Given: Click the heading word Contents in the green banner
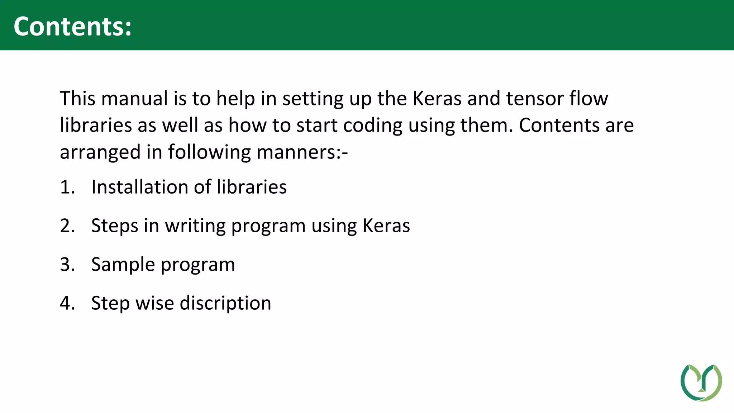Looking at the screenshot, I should tap(72, 27).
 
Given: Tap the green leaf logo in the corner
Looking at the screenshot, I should tap(701, 382).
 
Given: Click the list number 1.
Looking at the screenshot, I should tap(67, 187).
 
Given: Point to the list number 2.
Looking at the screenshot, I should tap(67, 226).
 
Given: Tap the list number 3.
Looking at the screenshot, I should tap(67, 265).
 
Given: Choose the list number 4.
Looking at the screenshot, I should tap(67, 303).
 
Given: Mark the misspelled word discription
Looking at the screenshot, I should tap(225, 304).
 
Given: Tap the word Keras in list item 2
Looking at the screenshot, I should tap(386, 226).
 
